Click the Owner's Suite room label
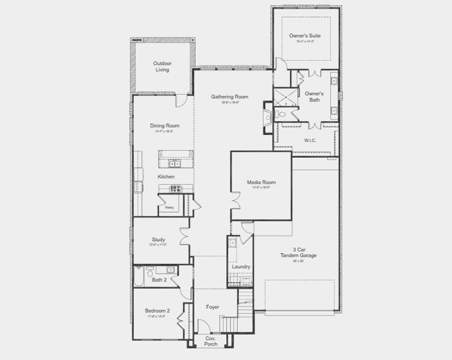pos(304,36)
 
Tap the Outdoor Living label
pos(161,66)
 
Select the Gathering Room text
pos(229,97)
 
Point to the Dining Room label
pos(164,125)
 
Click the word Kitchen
pos(166,177)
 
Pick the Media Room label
pos(261,182)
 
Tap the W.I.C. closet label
pos(310,140)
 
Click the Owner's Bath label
pos(314,97)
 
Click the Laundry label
pos(241,266)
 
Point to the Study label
pos(158,239)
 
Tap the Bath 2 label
pos(158,280)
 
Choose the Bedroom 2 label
pos(157,310)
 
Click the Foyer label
pos(212,307)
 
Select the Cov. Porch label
pos(211,341)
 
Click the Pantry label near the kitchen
pos(170,208)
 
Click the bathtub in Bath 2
pos(139,277)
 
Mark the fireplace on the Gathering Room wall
pos(267,113)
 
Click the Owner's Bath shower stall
pos(282,97)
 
